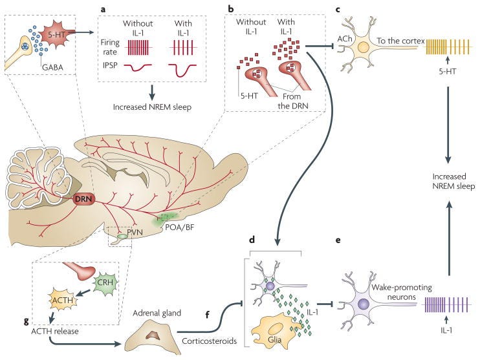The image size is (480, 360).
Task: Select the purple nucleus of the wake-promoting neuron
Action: (x=365, y=302)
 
